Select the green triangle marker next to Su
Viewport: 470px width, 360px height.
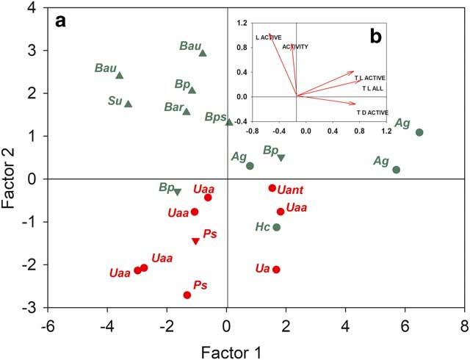coord(129,104)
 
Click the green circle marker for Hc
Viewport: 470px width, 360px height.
coord(276,227)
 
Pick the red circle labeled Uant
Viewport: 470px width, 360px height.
coord(272,188)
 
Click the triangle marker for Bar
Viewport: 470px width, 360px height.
coord(187,112)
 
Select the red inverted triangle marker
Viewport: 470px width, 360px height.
coord(195,241)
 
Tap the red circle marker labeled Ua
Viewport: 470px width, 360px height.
coord(276,270)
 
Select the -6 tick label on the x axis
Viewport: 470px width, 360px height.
coord(48,325)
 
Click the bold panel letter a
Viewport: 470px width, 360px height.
coord(61,21)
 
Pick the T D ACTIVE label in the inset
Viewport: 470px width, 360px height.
coord(372,112)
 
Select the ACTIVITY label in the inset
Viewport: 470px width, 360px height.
coord(295,47)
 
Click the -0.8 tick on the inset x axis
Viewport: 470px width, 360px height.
coord(252,131)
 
